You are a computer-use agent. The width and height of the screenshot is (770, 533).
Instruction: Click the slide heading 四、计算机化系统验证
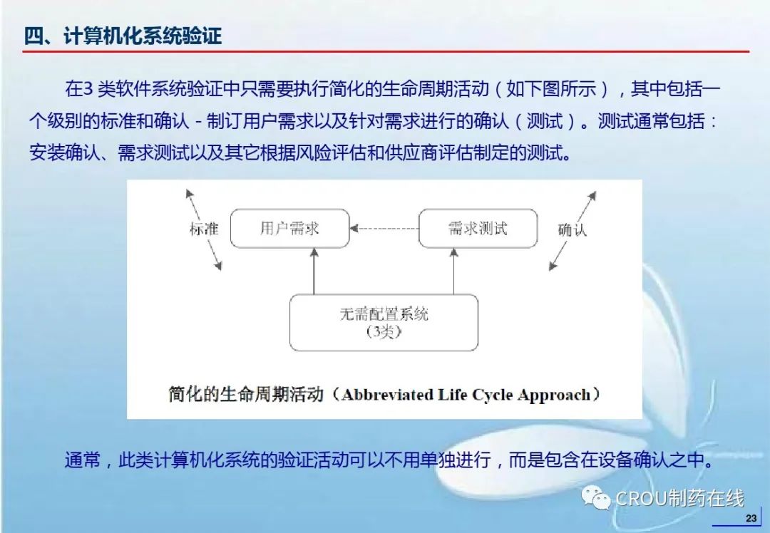(123, 36)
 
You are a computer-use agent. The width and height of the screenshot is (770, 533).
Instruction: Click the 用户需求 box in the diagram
(289, 228)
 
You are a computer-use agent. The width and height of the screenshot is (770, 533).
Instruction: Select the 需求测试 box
(478, 228)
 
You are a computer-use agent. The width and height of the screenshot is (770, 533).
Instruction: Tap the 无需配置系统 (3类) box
(384, 323)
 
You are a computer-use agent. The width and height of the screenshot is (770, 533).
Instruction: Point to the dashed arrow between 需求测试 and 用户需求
(384, 228)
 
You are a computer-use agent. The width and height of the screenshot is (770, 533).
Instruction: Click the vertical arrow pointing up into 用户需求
(314, 271)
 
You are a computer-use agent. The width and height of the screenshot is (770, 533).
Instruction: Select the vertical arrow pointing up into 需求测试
(453, 271)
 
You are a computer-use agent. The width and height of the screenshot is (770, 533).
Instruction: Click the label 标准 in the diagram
(204, 229)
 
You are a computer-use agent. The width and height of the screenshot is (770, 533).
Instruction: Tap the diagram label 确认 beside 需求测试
(572, 229)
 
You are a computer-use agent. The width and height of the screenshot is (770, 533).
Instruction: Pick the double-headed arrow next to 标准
(203, 229)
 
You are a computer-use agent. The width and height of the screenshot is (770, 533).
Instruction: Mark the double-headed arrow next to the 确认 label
(573, 230)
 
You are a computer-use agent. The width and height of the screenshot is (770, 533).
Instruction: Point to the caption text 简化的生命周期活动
(246, 394)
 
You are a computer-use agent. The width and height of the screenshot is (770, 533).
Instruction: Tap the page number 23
(751, 518)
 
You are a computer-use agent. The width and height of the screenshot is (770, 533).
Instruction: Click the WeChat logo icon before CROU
(595, 497)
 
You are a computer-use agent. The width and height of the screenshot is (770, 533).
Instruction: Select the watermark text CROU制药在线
(679, 499)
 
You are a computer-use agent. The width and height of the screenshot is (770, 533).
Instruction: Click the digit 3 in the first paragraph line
(88, 89)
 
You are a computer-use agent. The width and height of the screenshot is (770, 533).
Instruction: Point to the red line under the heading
(386, 51)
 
